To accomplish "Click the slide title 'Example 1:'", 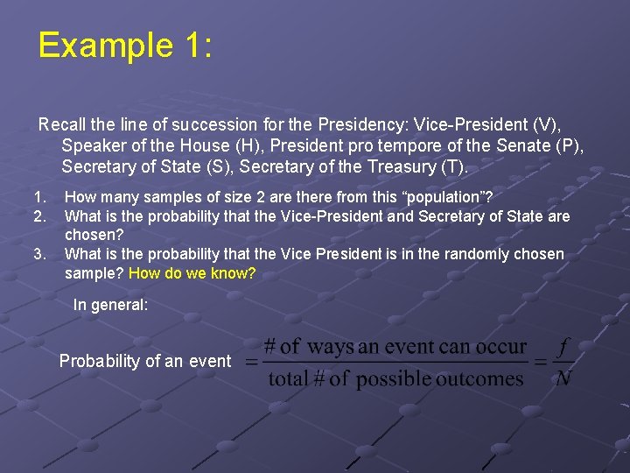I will [124, 45].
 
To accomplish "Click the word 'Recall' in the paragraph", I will [62, 124].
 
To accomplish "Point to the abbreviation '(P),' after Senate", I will [569, 145].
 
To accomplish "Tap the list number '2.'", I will [39, 215].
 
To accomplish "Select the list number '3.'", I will [39, 254].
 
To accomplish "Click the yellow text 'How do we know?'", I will [192, 273].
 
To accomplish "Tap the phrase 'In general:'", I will [110, 305].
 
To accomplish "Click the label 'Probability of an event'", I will [145, 361].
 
